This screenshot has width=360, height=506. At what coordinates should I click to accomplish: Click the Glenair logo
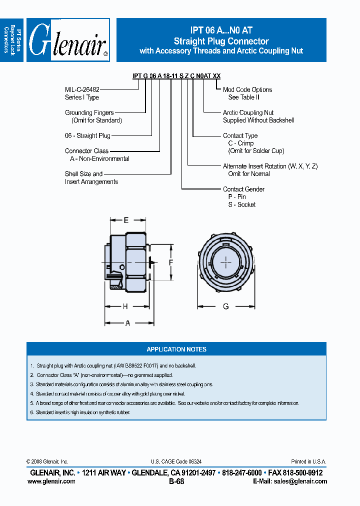click(68, 40)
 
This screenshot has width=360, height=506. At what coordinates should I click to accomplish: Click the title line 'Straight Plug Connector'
click(221, 41)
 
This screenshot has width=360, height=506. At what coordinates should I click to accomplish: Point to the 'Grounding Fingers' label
click(89, 112)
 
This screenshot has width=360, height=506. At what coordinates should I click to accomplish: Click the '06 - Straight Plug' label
click(87, 135)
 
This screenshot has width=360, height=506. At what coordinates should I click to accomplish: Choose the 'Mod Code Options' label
click(247, 89)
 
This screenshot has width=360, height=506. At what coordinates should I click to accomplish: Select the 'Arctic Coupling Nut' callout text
click(248, 112)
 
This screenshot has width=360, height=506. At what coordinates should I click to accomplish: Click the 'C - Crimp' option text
click(241, 143)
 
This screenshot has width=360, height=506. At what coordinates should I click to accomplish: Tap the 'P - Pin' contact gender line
click(237, 196)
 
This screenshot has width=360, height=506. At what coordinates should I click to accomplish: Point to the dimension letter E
click(126, 220)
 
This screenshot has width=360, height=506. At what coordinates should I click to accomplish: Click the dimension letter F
click(170, 262)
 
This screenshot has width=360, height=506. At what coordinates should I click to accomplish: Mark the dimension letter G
click(226, 306)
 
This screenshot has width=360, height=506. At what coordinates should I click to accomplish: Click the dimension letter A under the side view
click(127, 323)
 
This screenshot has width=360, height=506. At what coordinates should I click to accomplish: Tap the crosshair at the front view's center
click(226, 262)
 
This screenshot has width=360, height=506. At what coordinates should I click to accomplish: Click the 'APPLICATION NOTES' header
click(176, 349)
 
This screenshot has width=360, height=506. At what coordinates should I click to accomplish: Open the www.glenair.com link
click(51, 481)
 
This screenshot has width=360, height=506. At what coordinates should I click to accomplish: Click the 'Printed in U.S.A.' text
click(308, 461)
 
